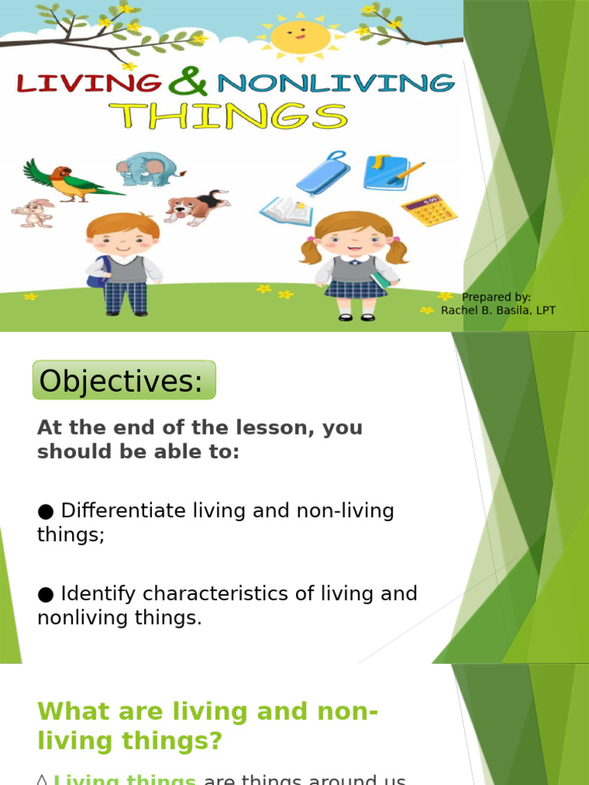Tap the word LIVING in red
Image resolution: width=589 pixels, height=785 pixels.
point(89,83)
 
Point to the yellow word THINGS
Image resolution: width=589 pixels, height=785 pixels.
point(228,117)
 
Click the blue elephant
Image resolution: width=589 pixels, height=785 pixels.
point(148,169)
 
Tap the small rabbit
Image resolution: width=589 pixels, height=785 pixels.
point(34,213)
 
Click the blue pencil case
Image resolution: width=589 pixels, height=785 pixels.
point(324,173)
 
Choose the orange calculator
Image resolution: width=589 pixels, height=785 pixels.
point(429,210)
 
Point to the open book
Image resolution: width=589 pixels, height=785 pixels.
point(287,211)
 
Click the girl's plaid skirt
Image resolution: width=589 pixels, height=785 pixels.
point(354,288)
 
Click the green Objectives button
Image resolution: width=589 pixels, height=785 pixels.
point(124,380)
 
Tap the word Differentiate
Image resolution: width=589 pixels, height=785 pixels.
point(122,511)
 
